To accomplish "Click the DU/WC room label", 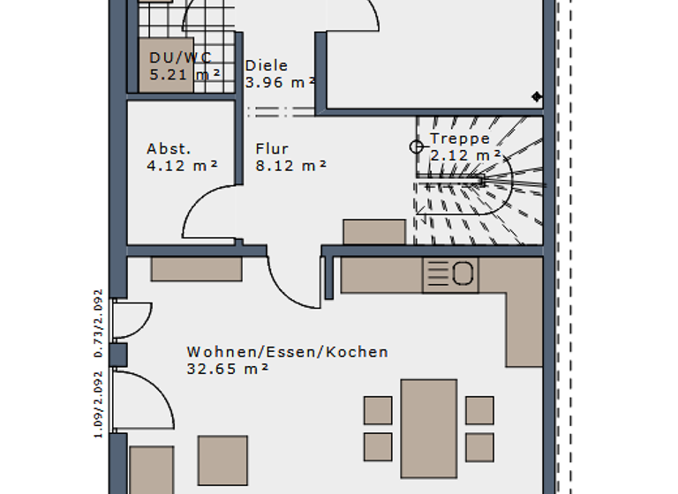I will (180, 58).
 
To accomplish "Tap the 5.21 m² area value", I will (185, 75).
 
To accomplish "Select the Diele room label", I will (267, 66).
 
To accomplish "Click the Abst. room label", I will (169, 148).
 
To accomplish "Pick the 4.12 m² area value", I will (182, 165).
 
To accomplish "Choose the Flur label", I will (272, 148).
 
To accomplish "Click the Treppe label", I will (459, 139).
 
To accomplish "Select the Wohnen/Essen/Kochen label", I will (287, 352).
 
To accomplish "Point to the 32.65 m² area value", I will (228, 370).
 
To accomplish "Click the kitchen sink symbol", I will (451, 274).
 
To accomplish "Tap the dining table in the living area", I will (429, 428).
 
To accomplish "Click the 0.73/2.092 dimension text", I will (99, 323).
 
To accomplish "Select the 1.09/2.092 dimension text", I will (99, 404).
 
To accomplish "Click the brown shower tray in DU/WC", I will (169, 64).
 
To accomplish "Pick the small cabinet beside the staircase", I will (374, 231).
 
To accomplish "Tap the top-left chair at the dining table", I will (378, 410).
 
